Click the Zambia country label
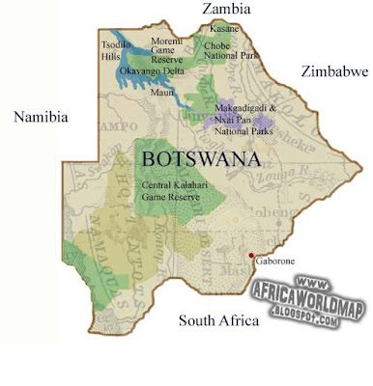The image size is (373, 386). pos(225,10)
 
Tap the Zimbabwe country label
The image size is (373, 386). pos(334,72)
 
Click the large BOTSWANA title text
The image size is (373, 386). pos(200,157)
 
